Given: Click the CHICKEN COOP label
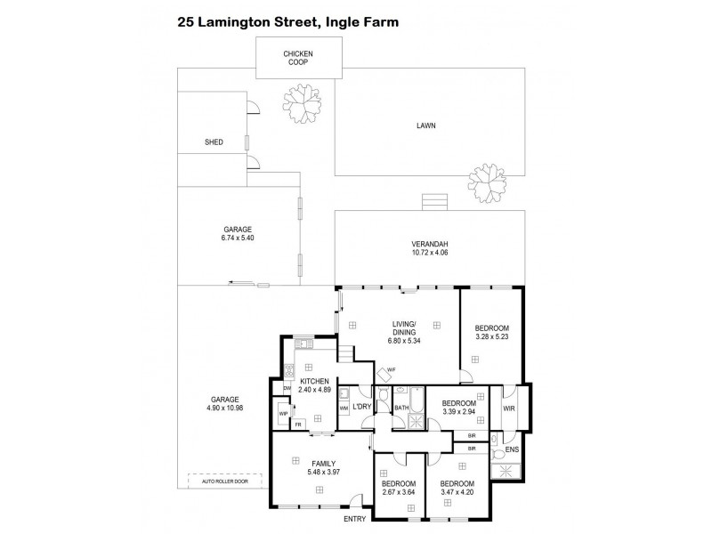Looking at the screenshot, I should pos(298,59).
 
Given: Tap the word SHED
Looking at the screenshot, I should pos(213,142).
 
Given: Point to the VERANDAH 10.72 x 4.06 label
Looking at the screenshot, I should pos(428,249).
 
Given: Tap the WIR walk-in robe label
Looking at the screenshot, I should pos(509,409).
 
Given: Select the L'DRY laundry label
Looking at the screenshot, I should pos(361,407).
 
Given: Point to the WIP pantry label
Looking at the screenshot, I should pos(284,413).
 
